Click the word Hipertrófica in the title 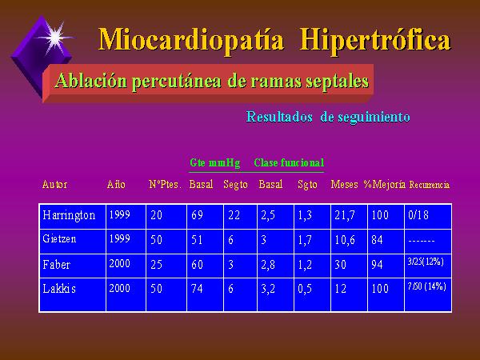[x=375, y=40]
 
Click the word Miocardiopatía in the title [x=191, y=40]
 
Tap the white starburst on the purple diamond [x=55, y=37]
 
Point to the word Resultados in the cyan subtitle [x=279, y=117]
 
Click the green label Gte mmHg [x=214, y=162]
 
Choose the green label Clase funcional [x=289, y=162]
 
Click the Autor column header [x=54, y=185]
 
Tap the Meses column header [x=344, y=184]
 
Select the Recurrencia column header [x=429, y=185]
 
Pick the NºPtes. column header [x=165, y=184]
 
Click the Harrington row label [x=69, y=215]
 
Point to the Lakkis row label [x=59, y=288]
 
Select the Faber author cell [x=56, y=264]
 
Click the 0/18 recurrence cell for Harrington [x=418, y=215]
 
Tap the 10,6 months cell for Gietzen [x=345, y=240]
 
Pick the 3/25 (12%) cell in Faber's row [x=426, y=262]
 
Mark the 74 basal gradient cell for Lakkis [x=197, y=288]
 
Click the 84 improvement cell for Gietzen [x=377, y=239]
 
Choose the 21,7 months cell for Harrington [x=345, y=215]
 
